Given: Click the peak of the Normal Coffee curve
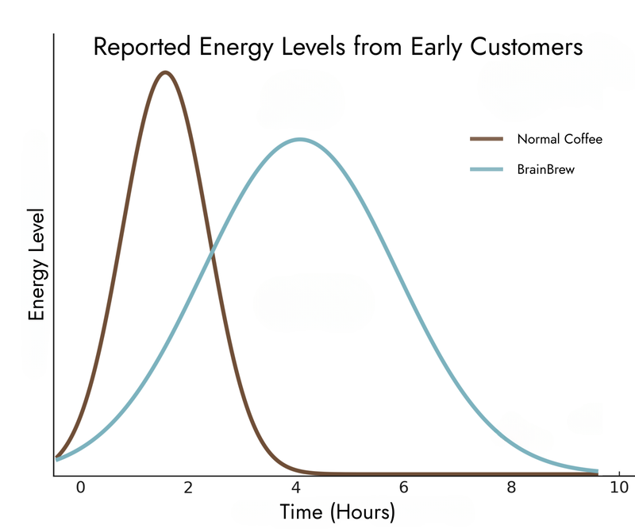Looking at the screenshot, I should click(165, 73).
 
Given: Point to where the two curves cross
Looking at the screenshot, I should click(211, 253).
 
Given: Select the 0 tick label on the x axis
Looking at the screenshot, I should click(79, 488).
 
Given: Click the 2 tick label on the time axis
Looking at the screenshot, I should click(188, 488).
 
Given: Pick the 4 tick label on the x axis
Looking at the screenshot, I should click(296, 488).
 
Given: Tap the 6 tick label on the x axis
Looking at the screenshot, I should click(404, 488).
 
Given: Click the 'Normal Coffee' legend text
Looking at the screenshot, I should click(560, 139).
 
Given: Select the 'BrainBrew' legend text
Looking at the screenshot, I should click(545, 169).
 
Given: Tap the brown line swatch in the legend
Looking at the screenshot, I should click(487, 139).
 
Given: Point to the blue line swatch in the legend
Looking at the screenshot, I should click(487, 169).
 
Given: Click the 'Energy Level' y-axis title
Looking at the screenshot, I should click(37, 265).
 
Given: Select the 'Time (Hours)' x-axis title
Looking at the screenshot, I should click(337, 512).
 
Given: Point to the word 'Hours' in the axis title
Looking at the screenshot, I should click(361, 512).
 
